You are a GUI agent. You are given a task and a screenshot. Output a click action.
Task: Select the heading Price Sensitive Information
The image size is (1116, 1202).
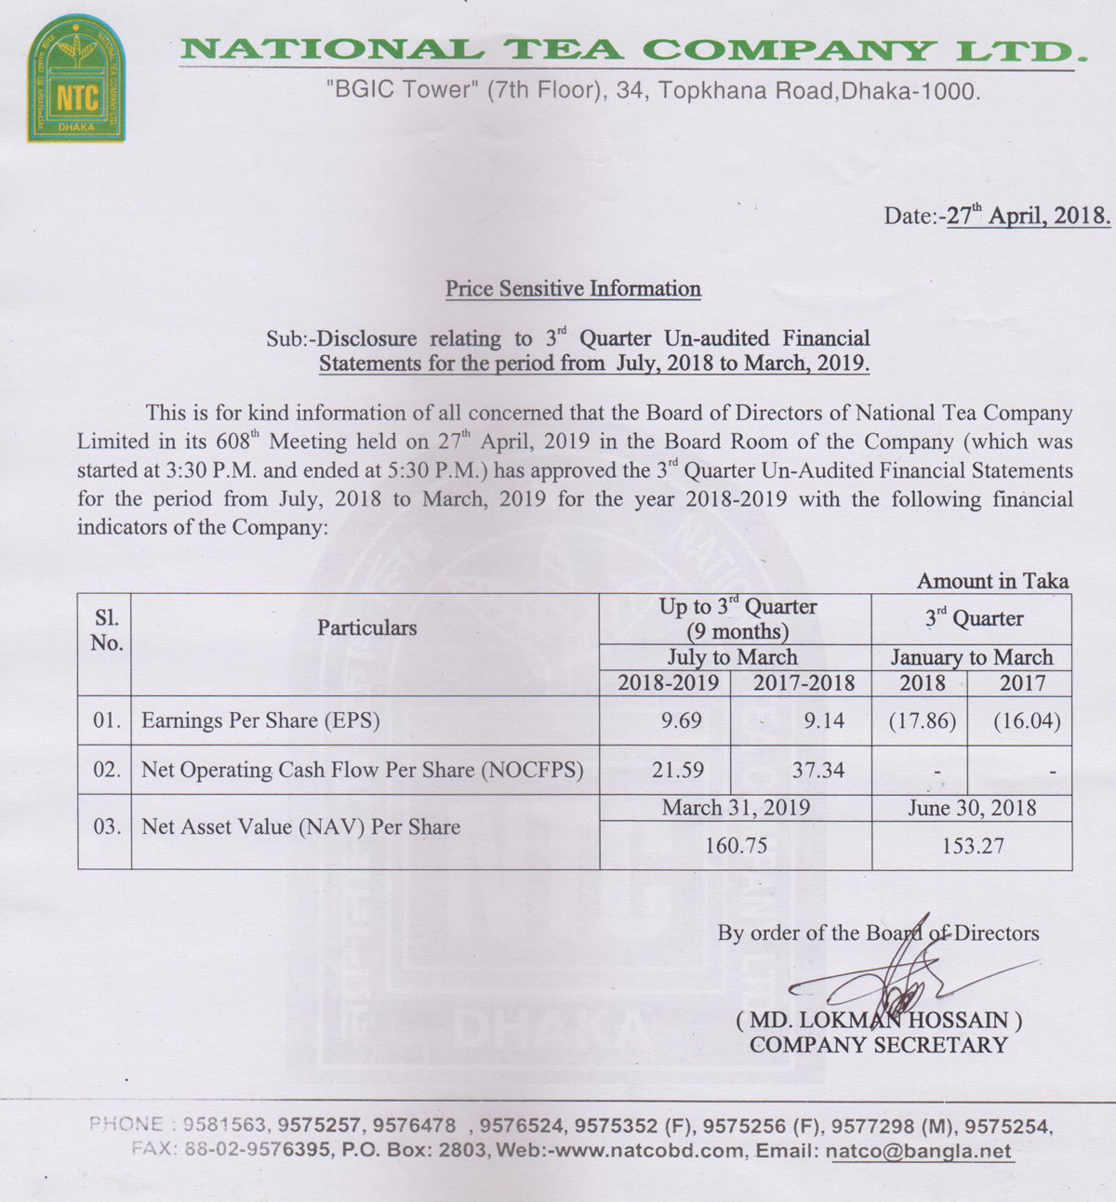tap(573, 288)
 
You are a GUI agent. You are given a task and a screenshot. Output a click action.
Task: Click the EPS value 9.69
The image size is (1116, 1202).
tap(681, 720)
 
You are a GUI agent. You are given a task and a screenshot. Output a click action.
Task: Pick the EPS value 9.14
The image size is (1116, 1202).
tap(824, 720)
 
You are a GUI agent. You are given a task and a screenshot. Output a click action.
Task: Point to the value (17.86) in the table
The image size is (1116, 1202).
tap(922, 720)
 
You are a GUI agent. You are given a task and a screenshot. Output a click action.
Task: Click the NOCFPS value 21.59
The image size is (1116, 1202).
tap(681, 770)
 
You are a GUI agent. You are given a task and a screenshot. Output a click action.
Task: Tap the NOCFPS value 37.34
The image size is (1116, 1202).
tap(818, 770)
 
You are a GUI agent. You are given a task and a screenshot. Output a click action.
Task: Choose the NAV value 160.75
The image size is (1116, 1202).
tap(736, 846)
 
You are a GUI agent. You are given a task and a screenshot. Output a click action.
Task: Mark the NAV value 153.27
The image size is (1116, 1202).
tap(972, 846)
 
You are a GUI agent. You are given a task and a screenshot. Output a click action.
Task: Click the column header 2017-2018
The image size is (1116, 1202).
tap(804, 683)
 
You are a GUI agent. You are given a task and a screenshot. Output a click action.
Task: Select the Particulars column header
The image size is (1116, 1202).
tap(366, 627)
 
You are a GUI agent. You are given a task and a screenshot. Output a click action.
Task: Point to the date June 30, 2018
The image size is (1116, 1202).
tap(972, 808)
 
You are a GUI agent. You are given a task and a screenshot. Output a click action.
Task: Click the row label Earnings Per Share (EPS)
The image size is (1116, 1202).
tap(260, 720)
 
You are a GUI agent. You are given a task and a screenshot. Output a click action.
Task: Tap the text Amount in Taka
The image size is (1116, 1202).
tap(992, 581)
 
